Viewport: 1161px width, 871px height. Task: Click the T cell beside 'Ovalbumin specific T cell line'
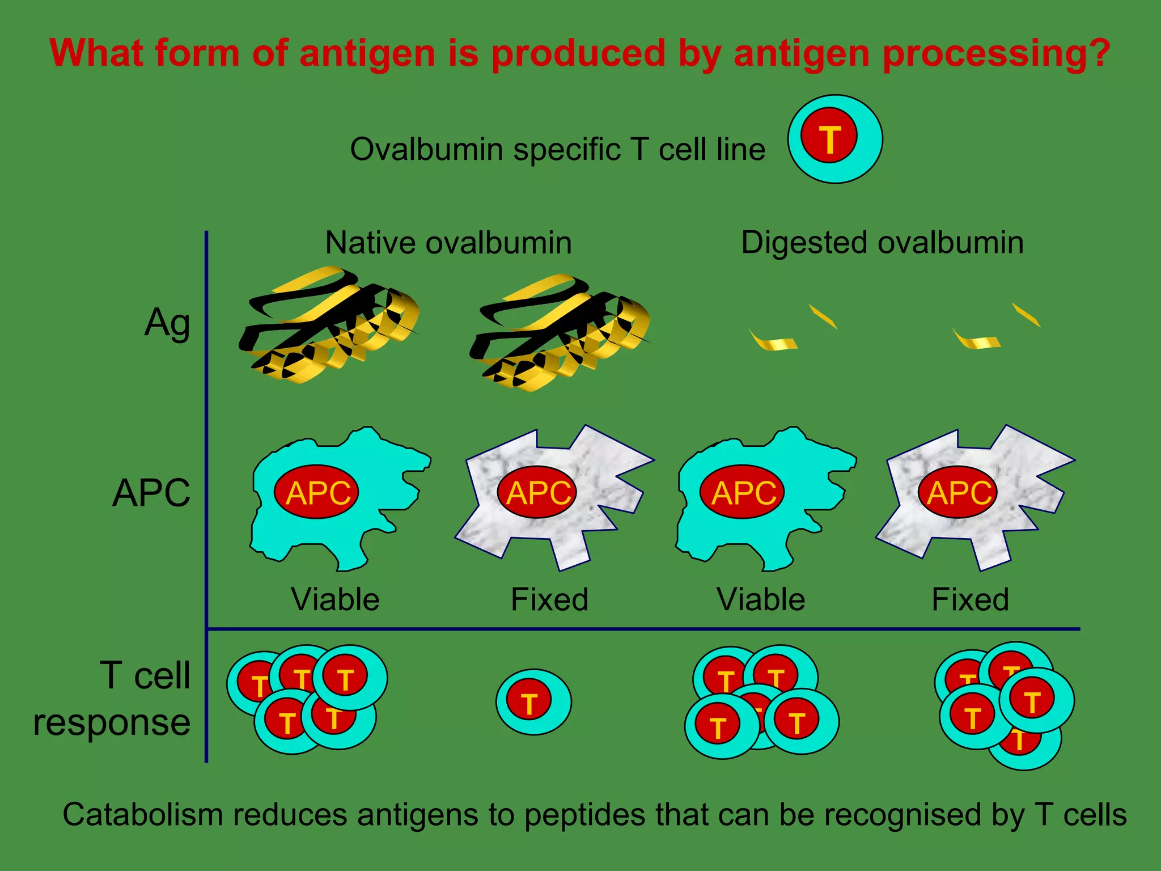(834, 139)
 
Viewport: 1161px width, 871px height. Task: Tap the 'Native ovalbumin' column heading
(448, 243)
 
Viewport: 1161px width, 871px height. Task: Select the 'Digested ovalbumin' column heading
(882, 243)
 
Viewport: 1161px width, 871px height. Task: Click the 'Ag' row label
(167, 323)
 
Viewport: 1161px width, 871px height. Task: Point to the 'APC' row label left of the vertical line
(151, 493)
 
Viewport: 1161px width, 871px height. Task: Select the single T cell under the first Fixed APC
(533, 702)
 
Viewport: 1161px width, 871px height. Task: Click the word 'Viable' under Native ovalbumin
(335, 599)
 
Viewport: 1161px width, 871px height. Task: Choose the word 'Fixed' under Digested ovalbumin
(970, 599)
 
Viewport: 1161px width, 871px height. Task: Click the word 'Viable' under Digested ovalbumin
(760, 599)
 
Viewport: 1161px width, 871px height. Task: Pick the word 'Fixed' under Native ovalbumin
(549, 599)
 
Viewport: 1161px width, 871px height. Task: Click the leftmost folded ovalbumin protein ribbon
(329, 326)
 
